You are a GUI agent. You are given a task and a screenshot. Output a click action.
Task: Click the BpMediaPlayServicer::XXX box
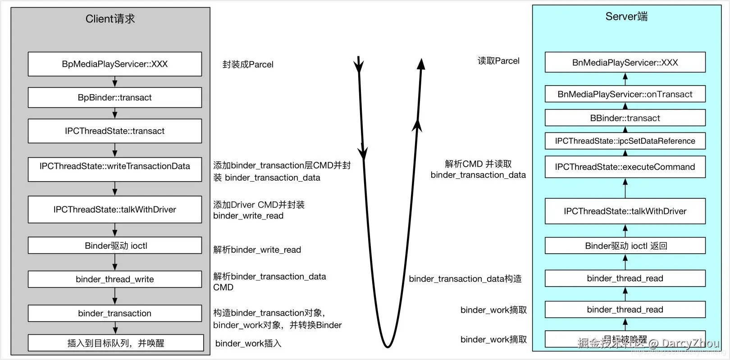point(114,64)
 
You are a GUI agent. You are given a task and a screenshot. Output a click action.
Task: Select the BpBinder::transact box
point(114,97)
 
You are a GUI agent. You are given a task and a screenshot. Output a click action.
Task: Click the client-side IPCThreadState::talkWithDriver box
point(114,210)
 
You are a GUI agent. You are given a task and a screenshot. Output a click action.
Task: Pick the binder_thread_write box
point(114,279)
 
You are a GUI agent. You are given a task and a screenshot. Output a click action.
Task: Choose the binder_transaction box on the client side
point(114,313)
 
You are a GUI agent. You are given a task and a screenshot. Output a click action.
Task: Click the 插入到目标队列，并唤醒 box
point(115,343)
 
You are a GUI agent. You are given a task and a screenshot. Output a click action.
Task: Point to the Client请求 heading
point(110,19)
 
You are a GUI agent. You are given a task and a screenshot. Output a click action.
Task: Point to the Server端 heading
point(626,17)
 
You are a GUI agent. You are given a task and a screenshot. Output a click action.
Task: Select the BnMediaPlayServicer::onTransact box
point(625,94)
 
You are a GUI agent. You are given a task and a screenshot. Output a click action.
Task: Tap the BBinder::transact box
point(625,118)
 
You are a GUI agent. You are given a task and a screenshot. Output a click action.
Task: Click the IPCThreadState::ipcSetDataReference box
point(625,141)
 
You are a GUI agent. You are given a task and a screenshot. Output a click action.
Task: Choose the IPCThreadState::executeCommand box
point(625,167)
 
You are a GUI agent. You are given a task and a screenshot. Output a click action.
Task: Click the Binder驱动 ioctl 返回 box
point(625,246)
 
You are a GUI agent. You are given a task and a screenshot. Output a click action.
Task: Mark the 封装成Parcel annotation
point(248,64)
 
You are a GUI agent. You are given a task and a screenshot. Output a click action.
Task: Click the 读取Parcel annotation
point(498,61)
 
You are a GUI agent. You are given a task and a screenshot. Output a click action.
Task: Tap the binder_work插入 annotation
point(248,343)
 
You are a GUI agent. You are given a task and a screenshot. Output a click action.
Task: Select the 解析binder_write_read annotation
point(257,250)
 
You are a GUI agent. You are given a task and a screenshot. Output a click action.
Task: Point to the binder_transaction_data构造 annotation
point(465,279)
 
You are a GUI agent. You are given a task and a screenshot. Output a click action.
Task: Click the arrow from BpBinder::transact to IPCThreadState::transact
point(115,113)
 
